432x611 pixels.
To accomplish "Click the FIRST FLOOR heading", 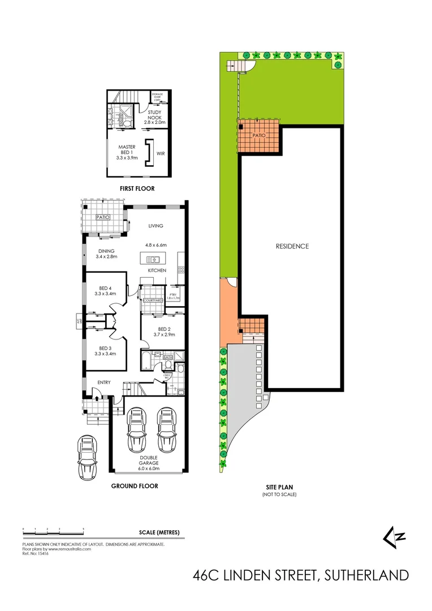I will [137, 188].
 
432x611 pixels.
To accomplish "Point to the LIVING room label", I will [155, 226].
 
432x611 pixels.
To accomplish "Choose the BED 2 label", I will [164, 332].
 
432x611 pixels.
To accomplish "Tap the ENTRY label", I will [104, 383].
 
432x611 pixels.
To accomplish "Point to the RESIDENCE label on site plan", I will [292, 246].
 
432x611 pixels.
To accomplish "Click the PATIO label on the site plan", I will [260, 136].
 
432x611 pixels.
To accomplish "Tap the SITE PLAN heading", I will [279, 487].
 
